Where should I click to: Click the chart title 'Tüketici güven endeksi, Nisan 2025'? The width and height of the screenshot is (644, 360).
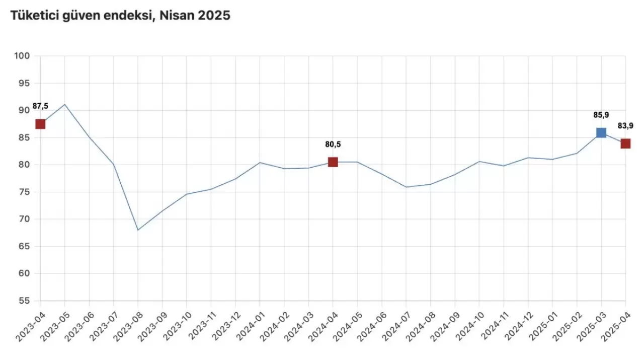(120, 16)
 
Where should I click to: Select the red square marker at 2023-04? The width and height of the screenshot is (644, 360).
(40, 124)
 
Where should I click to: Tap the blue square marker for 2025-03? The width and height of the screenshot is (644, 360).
(601, 132)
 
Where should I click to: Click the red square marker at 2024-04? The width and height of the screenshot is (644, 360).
(333, 162)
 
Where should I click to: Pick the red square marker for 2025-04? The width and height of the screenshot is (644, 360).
(625, 143)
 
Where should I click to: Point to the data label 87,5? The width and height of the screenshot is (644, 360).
(40, 106)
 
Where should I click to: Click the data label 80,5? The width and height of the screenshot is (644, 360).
(333, 145)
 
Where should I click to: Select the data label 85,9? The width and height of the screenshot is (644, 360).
(601, 115)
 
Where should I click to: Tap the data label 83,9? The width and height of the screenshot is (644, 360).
(625, 126)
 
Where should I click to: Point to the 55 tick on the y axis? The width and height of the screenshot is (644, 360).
(24, 301)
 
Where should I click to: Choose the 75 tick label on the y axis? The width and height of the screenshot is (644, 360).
(24, 192)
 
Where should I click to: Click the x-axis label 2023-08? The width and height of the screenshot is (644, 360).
(128, 324)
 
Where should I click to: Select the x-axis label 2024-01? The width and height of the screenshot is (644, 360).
(250, 324)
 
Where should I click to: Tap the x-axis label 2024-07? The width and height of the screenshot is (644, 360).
(396, 324)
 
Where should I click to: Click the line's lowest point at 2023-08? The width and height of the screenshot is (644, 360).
(138, 230)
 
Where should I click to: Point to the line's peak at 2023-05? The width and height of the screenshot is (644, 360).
(64, 104)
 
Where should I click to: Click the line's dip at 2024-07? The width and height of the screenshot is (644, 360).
(406, 187)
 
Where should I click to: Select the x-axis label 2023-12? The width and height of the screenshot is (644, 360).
(225, 324)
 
